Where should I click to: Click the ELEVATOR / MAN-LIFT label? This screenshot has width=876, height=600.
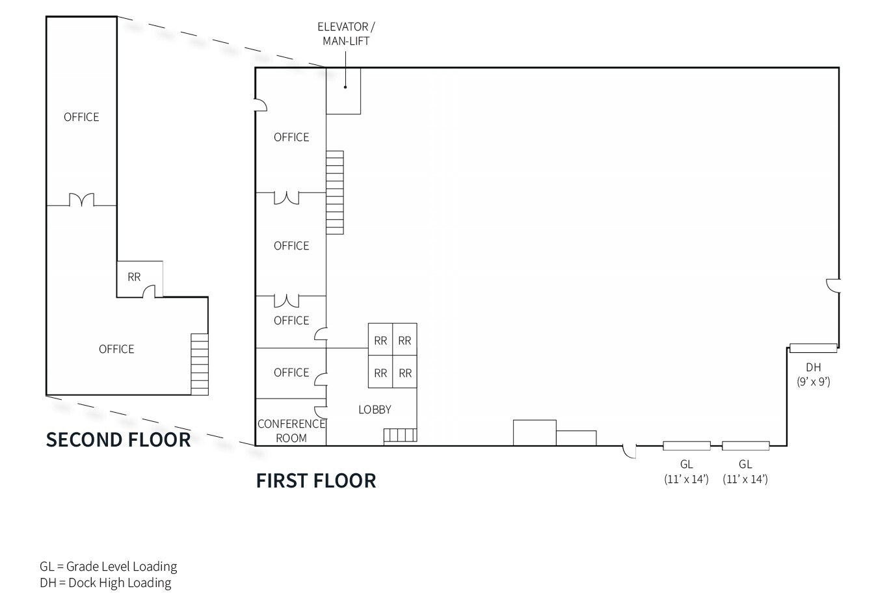click(x=346, y=34)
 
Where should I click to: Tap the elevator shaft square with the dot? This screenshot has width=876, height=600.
click(x=343, y=90)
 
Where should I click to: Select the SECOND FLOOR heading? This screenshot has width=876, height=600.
click(x=118, y=439)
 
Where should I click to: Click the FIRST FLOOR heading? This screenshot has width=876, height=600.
click(x=316, y=480)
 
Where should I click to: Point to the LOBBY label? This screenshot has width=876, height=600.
click(x=375, y=410)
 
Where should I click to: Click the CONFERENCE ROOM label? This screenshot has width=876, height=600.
click(x=291, y=431)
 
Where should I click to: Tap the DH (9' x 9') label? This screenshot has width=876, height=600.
click(x=813, y=374)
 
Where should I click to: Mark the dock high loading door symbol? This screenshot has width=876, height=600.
click(x=813, y=348)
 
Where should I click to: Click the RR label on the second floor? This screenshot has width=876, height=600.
click(x=134, y=277)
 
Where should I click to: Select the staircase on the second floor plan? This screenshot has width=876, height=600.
click(x=200, y=364)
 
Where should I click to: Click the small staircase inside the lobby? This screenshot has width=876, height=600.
click(x=400, y=435)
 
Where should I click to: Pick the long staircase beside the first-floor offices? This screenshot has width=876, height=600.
click(x=334, y=192)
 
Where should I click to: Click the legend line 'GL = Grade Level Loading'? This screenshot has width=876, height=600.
click(x=108, y=566)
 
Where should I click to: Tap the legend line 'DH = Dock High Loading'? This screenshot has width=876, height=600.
click(x=105, y=582)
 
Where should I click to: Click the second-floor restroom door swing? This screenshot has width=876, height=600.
click(x=149, y=291)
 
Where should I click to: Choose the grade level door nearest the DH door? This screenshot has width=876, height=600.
click(x=745, y=446)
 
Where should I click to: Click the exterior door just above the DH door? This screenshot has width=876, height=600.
click(x=833, y=285)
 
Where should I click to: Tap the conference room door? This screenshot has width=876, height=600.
click(x=320, y=411)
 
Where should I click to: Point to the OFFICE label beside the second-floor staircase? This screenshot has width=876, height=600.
click(x=116, y=349)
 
